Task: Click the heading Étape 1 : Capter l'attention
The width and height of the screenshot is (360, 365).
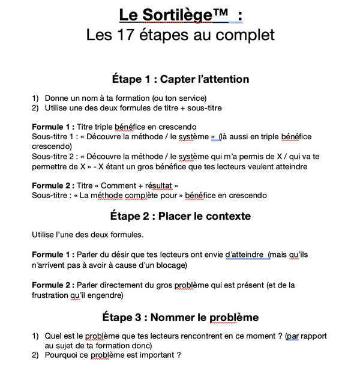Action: [180, 79]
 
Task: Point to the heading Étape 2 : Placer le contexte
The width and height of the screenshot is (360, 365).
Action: [180, 216]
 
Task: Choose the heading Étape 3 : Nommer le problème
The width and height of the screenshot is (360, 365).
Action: [180, 317]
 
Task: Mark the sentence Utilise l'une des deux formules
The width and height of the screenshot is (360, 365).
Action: [88, 234]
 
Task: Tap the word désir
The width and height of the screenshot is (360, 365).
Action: [120, 255]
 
